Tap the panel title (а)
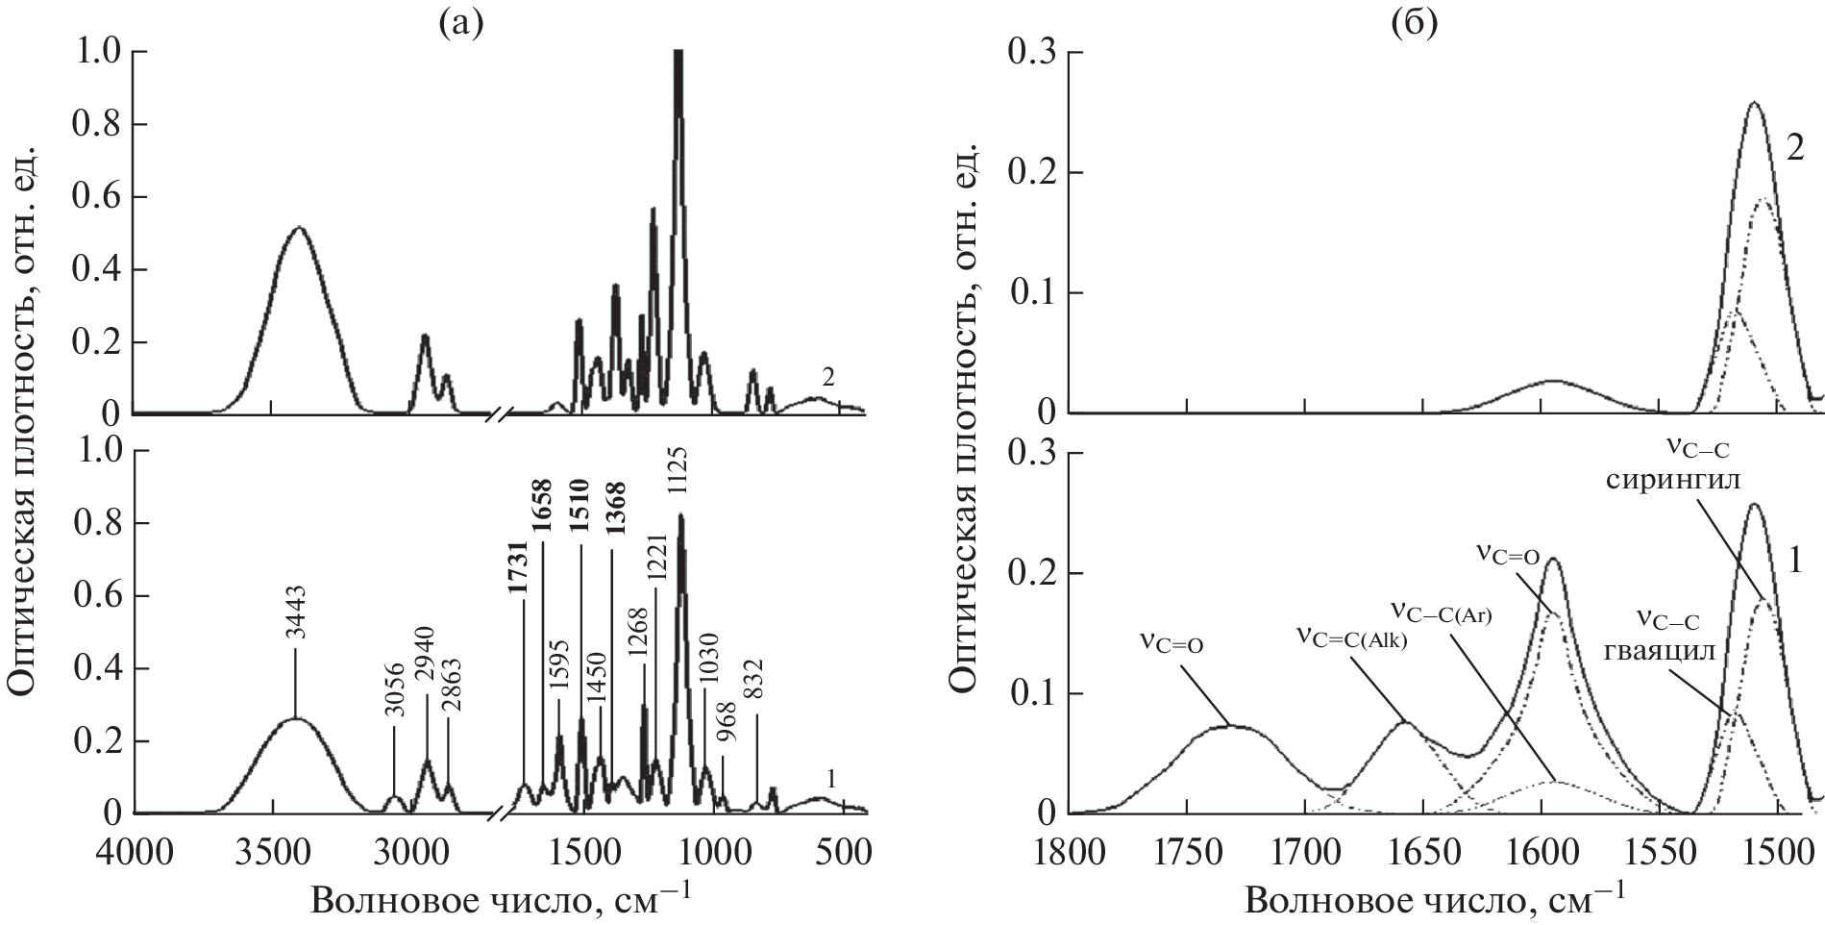(459, 23)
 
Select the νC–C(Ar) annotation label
(1441, 612)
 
